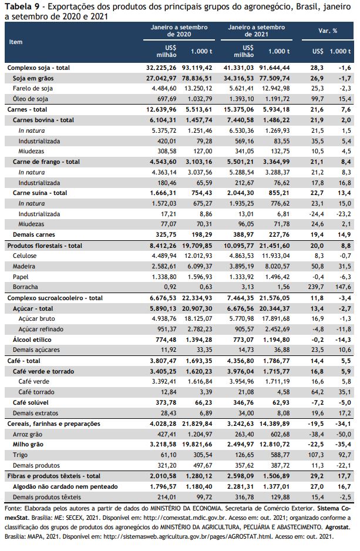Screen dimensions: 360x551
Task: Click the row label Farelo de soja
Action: pyautogui.click(x=33, y=89)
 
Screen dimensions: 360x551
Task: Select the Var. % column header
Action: pyautogui.click(x=328, y=31)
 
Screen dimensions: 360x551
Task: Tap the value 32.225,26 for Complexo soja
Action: pyautogui.click(x=162, y=68)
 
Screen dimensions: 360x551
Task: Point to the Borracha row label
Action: pyautogui.click(x=25, y=287)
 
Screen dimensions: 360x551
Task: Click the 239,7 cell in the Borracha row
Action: pyautogui.click(x=317, y=287)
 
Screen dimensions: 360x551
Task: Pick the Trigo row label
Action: pyautogui.click(x=20, y=455)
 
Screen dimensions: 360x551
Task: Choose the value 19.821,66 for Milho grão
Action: pyautogui.click(x=197, y=445)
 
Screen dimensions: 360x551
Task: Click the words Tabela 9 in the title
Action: pyautogui.click(x=22, y=6)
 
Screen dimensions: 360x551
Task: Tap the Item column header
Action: pyautogui.click(x=16, y=42)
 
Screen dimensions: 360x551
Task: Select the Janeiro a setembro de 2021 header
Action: pyautogui.click(x=257, y=31)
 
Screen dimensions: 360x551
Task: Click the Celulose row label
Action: pyautogui.click(x=25, y=256)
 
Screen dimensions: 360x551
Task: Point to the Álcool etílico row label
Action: pyautogui.click(x=32, y=340)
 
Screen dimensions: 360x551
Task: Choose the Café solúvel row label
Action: pyautogui.click(x=31, y=403)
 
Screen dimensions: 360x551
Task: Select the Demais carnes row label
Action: pyautogui.click(x=33, y=235)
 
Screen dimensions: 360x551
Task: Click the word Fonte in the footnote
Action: pyautogui.click(x=12, y=509)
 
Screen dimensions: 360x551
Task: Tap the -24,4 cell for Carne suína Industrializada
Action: pyautogui.click(x=316, y=214)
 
